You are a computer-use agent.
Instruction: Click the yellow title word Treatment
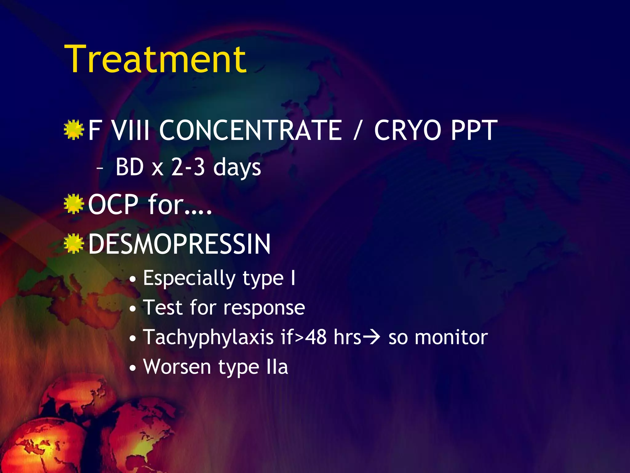(155, 59)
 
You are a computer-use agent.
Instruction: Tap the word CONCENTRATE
(250, 131)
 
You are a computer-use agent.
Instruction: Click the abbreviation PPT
(474, 131)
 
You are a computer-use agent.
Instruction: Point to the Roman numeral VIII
(130, 131)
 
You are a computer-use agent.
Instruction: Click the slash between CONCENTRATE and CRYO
(357, 131)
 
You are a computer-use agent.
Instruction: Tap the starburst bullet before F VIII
(74, 130)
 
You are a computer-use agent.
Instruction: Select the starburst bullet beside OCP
(74, 204)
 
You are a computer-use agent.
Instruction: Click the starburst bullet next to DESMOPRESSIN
(74, 243)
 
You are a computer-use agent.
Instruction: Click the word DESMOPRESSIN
(179, 244)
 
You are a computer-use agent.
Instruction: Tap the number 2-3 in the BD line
(188, 167)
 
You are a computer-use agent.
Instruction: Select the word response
(264, 308)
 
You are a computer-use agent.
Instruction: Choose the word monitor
(451, 338)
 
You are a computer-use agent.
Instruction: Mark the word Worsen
(177, 367)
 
